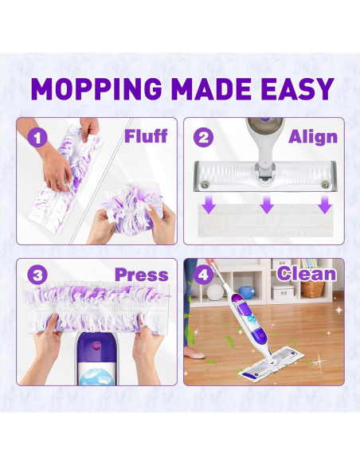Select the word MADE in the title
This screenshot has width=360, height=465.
click(212, 88)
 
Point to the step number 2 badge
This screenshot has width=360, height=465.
click(204, 137)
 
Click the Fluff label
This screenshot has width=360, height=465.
click(145, 136)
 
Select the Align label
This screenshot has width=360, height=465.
click(312, 136)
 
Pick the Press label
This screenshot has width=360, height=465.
click(141, 275)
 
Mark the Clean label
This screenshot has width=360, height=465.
click(307, 275)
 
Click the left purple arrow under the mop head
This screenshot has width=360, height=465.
click(209, 206)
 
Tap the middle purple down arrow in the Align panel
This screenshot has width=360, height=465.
click(266, 206)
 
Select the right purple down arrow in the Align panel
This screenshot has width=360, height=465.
click(323, 206)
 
